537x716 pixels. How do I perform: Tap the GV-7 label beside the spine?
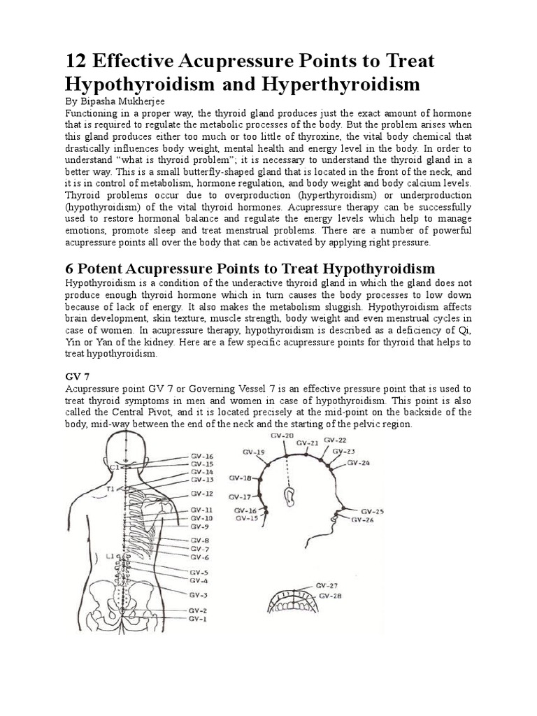point(199,549)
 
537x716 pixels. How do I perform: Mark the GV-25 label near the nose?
point(373,511)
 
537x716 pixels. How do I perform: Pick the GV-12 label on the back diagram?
point(199,494)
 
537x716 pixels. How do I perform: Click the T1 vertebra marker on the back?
point(110,490)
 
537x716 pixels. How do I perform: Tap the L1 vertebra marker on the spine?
point(110,556)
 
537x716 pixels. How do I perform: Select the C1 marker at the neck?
point(115,465)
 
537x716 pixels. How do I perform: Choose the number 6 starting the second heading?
point(70,269)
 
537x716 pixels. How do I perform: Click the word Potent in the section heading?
point(104,269)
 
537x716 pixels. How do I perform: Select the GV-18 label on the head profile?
point(241,478)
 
